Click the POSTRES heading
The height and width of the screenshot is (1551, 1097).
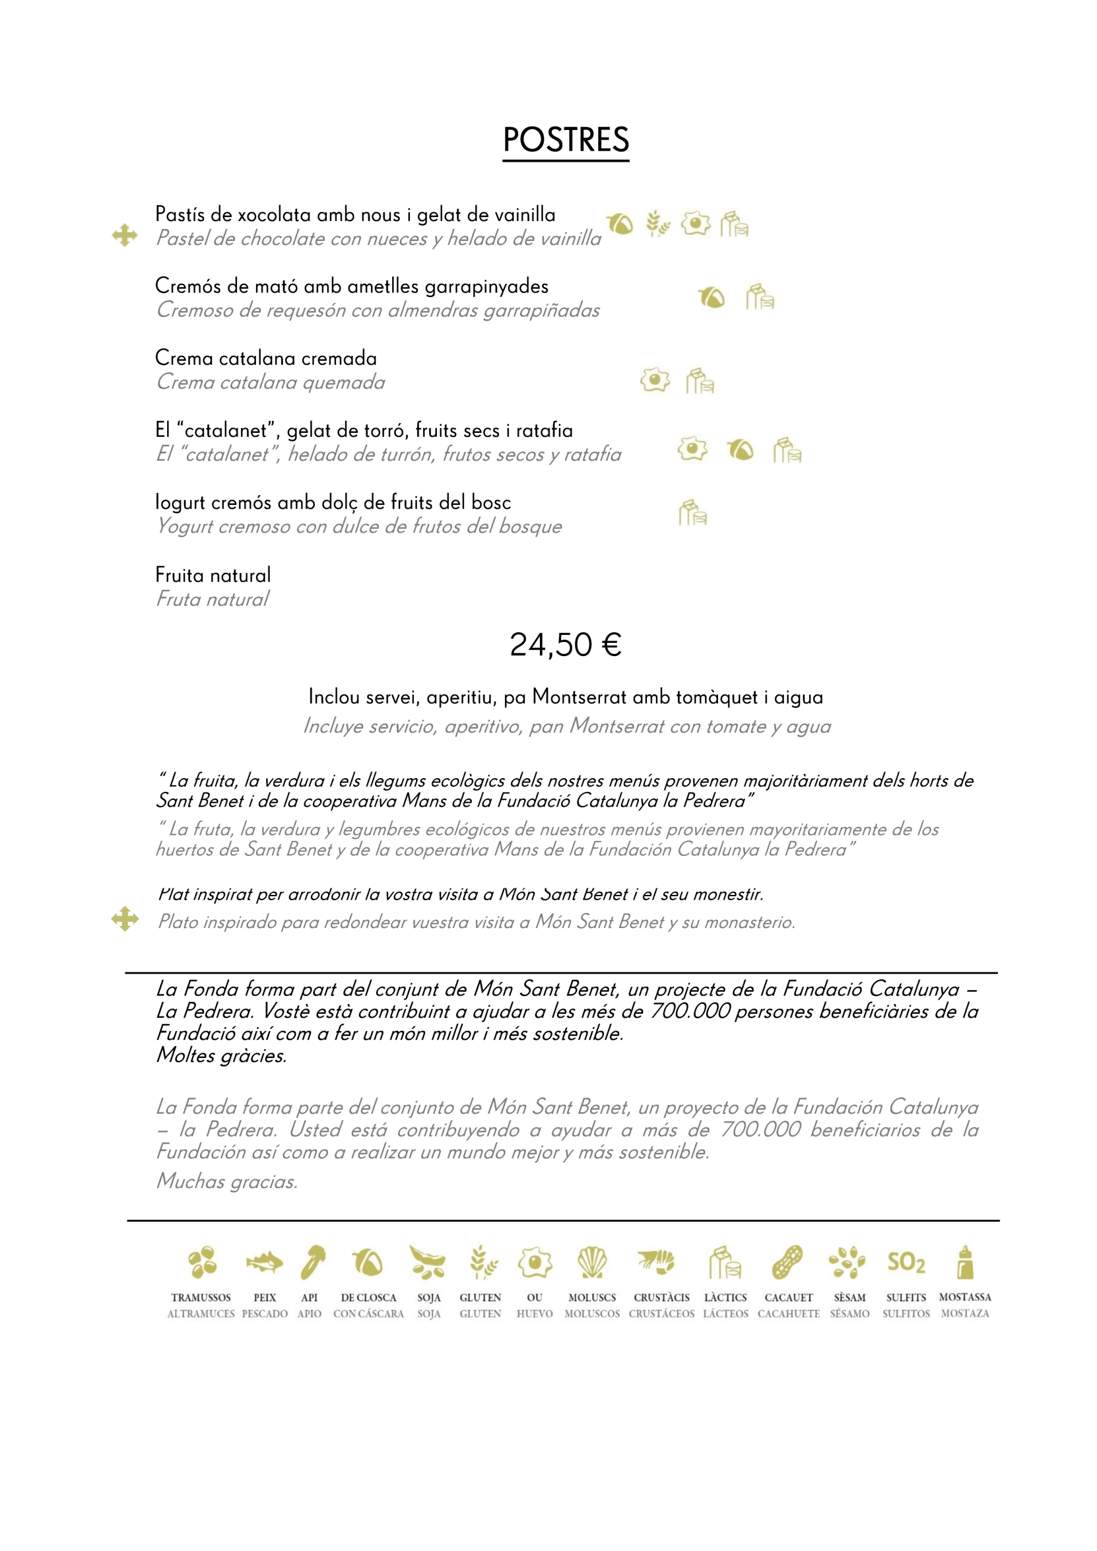[565, 140]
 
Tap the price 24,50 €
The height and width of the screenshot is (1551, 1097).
[565, 645]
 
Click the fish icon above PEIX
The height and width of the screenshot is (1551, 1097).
[264, 1262]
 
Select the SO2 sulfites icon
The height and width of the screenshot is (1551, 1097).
[906, 1262]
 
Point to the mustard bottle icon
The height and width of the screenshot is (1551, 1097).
[965, 1262]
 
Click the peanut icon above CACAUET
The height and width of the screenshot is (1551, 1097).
[788, 1262]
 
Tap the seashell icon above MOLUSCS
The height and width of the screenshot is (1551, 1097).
[593, 1262]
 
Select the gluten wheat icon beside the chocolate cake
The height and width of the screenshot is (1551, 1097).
[657, 224]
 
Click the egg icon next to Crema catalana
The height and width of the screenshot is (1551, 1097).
[654, 380]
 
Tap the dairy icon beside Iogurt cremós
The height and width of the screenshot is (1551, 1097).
[692, 513]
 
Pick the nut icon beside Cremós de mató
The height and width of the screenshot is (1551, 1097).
[711, 297]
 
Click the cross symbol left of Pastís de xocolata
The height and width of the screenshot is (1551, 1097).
[125, 235]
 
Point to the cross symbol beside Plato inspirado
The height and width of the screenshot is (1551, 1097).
[125, 919]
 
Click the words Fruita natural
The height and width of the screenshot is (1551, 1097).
[213, 575]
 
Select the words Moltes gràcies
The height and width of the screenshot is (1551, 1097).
[222, 1055]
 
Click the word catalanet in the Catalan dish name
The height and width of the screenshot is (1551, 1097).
[226, 431]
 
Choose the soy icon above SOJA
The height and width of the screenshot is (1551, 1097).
[428, 1262]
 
